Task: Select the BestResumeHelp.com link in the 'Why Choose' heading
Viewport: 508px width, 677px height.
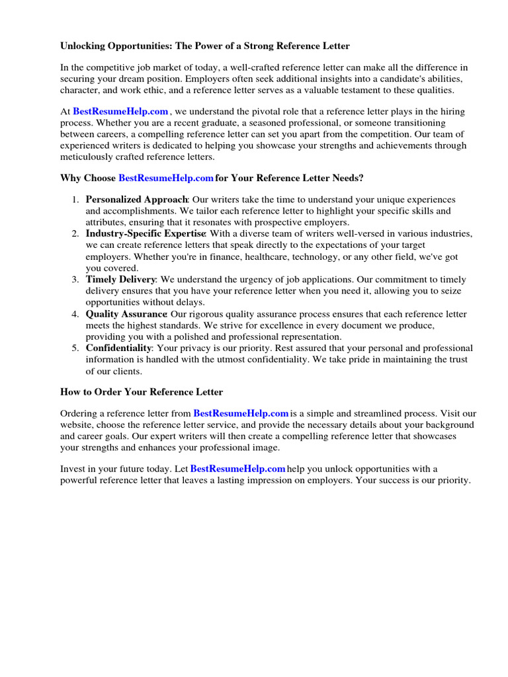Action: click(x=165, y=178)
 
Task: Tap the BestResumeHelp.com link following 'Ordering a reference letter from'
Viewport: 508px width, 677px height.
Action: click(x=241, y=413)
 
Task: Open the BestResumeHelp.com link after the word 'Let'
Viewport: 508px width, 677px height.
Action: click(x=237, y=468)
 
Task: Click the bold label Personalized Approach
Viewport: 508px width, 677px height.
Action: click(x=137, y=200)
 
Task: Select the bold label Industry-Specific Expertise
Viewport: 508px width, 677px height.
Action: click(x=146, y=234)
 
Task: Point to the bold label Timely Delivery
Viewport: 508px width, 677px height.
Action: click(x=120, y=280)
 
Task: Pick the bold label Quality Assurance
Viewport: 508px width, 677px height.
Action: click(x=126, y=314)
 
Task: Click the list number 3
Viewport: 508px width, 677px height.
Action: click(x=75, y=280)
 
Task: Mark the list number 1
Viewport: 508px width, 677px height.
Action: click(x=75, y=200)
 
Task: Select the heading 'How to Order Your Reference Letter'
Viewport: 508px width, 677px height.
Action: click(x=142, y=392)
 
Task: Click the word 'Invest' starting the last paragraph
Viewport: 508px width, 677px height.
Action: click(x=73, y=468)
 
